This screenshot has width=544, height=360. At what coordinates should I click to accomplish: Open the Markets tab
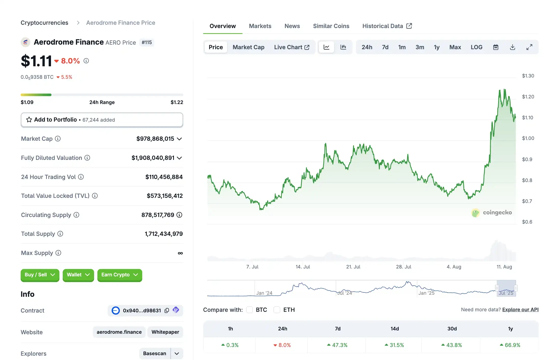260,26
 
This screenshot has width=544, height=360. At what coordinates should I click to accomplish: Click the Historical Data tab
387,26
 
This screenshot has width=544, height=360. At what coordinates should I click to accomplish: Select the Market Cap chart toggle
248,47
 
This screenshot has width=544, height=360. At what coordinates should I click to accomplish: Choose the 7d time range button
385,47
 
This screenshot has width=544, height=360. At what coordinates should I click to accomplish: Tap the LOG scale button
476,47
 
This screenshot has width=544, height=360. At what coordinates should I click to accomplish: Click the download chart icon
512,47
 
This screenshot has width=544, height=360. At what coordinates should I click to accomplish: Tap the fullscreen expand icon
529,47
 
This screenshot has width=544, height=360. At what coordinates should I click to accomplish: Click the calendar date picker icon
496,47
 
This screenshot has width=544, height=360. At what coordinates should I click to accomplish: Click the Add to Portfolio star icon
29,120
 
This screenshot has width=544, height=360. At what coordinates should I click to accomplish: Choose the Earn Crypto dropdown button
120,275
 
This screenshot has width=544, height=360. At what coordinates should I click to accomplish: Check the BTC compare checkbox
249,310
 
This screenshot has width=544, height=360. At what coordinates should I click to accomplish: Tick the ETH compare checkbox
277,310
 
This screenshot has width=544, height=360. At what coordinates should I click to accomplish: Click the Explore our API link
520,310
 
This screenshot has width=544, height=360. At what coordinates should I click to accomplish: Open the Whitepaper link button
165,332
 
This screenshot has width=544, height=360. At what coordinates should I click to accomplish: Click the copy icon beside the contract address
167,311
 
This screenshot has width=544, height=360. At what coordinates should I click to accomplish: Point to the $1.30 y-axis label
528,76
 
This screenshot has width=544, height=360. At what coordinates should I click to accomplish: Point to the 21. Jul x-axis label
353,267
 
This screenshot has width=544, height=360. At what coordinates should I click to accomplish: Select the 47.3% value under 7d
339,345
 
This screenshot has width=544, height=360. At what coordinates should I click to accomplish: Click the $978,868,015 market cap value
155,139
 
